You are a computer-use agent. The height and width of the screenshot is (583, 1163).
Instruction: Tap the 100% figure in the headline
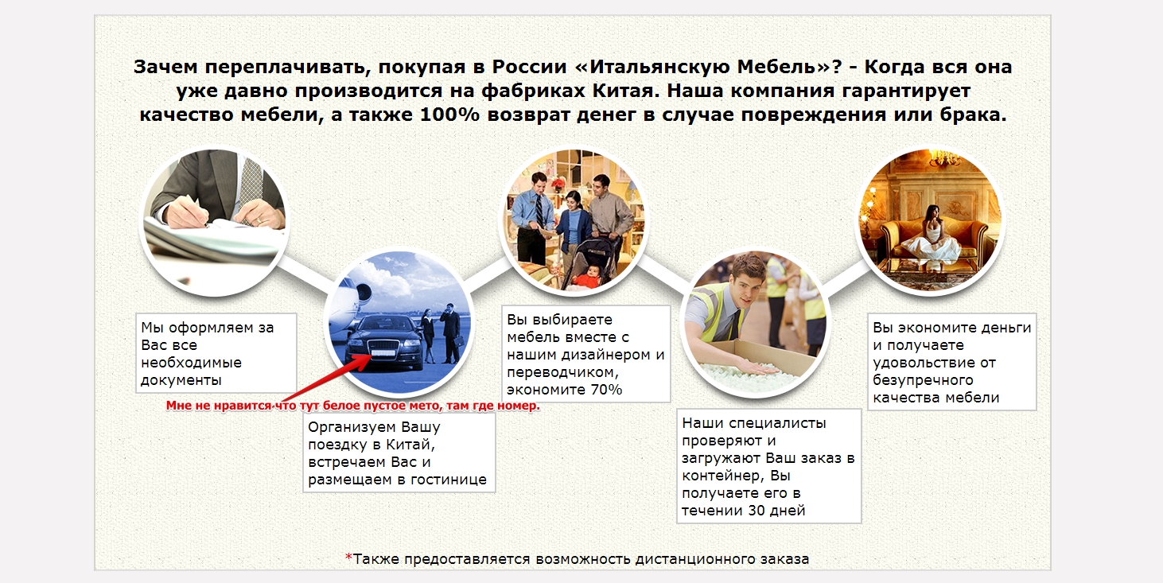[449, 115]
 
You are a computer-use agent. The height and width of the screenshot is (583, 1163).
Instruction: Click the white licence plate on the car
[382, 352]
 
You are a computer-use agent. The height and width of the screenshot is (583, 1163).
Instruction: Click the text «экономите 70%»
[564, 390]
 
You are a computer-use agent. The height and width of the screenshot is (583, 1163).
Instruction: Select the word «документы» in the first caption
[181, 379]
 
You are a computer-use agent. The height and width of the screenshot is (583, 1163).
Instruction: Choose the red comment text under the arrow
[353, 406]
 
